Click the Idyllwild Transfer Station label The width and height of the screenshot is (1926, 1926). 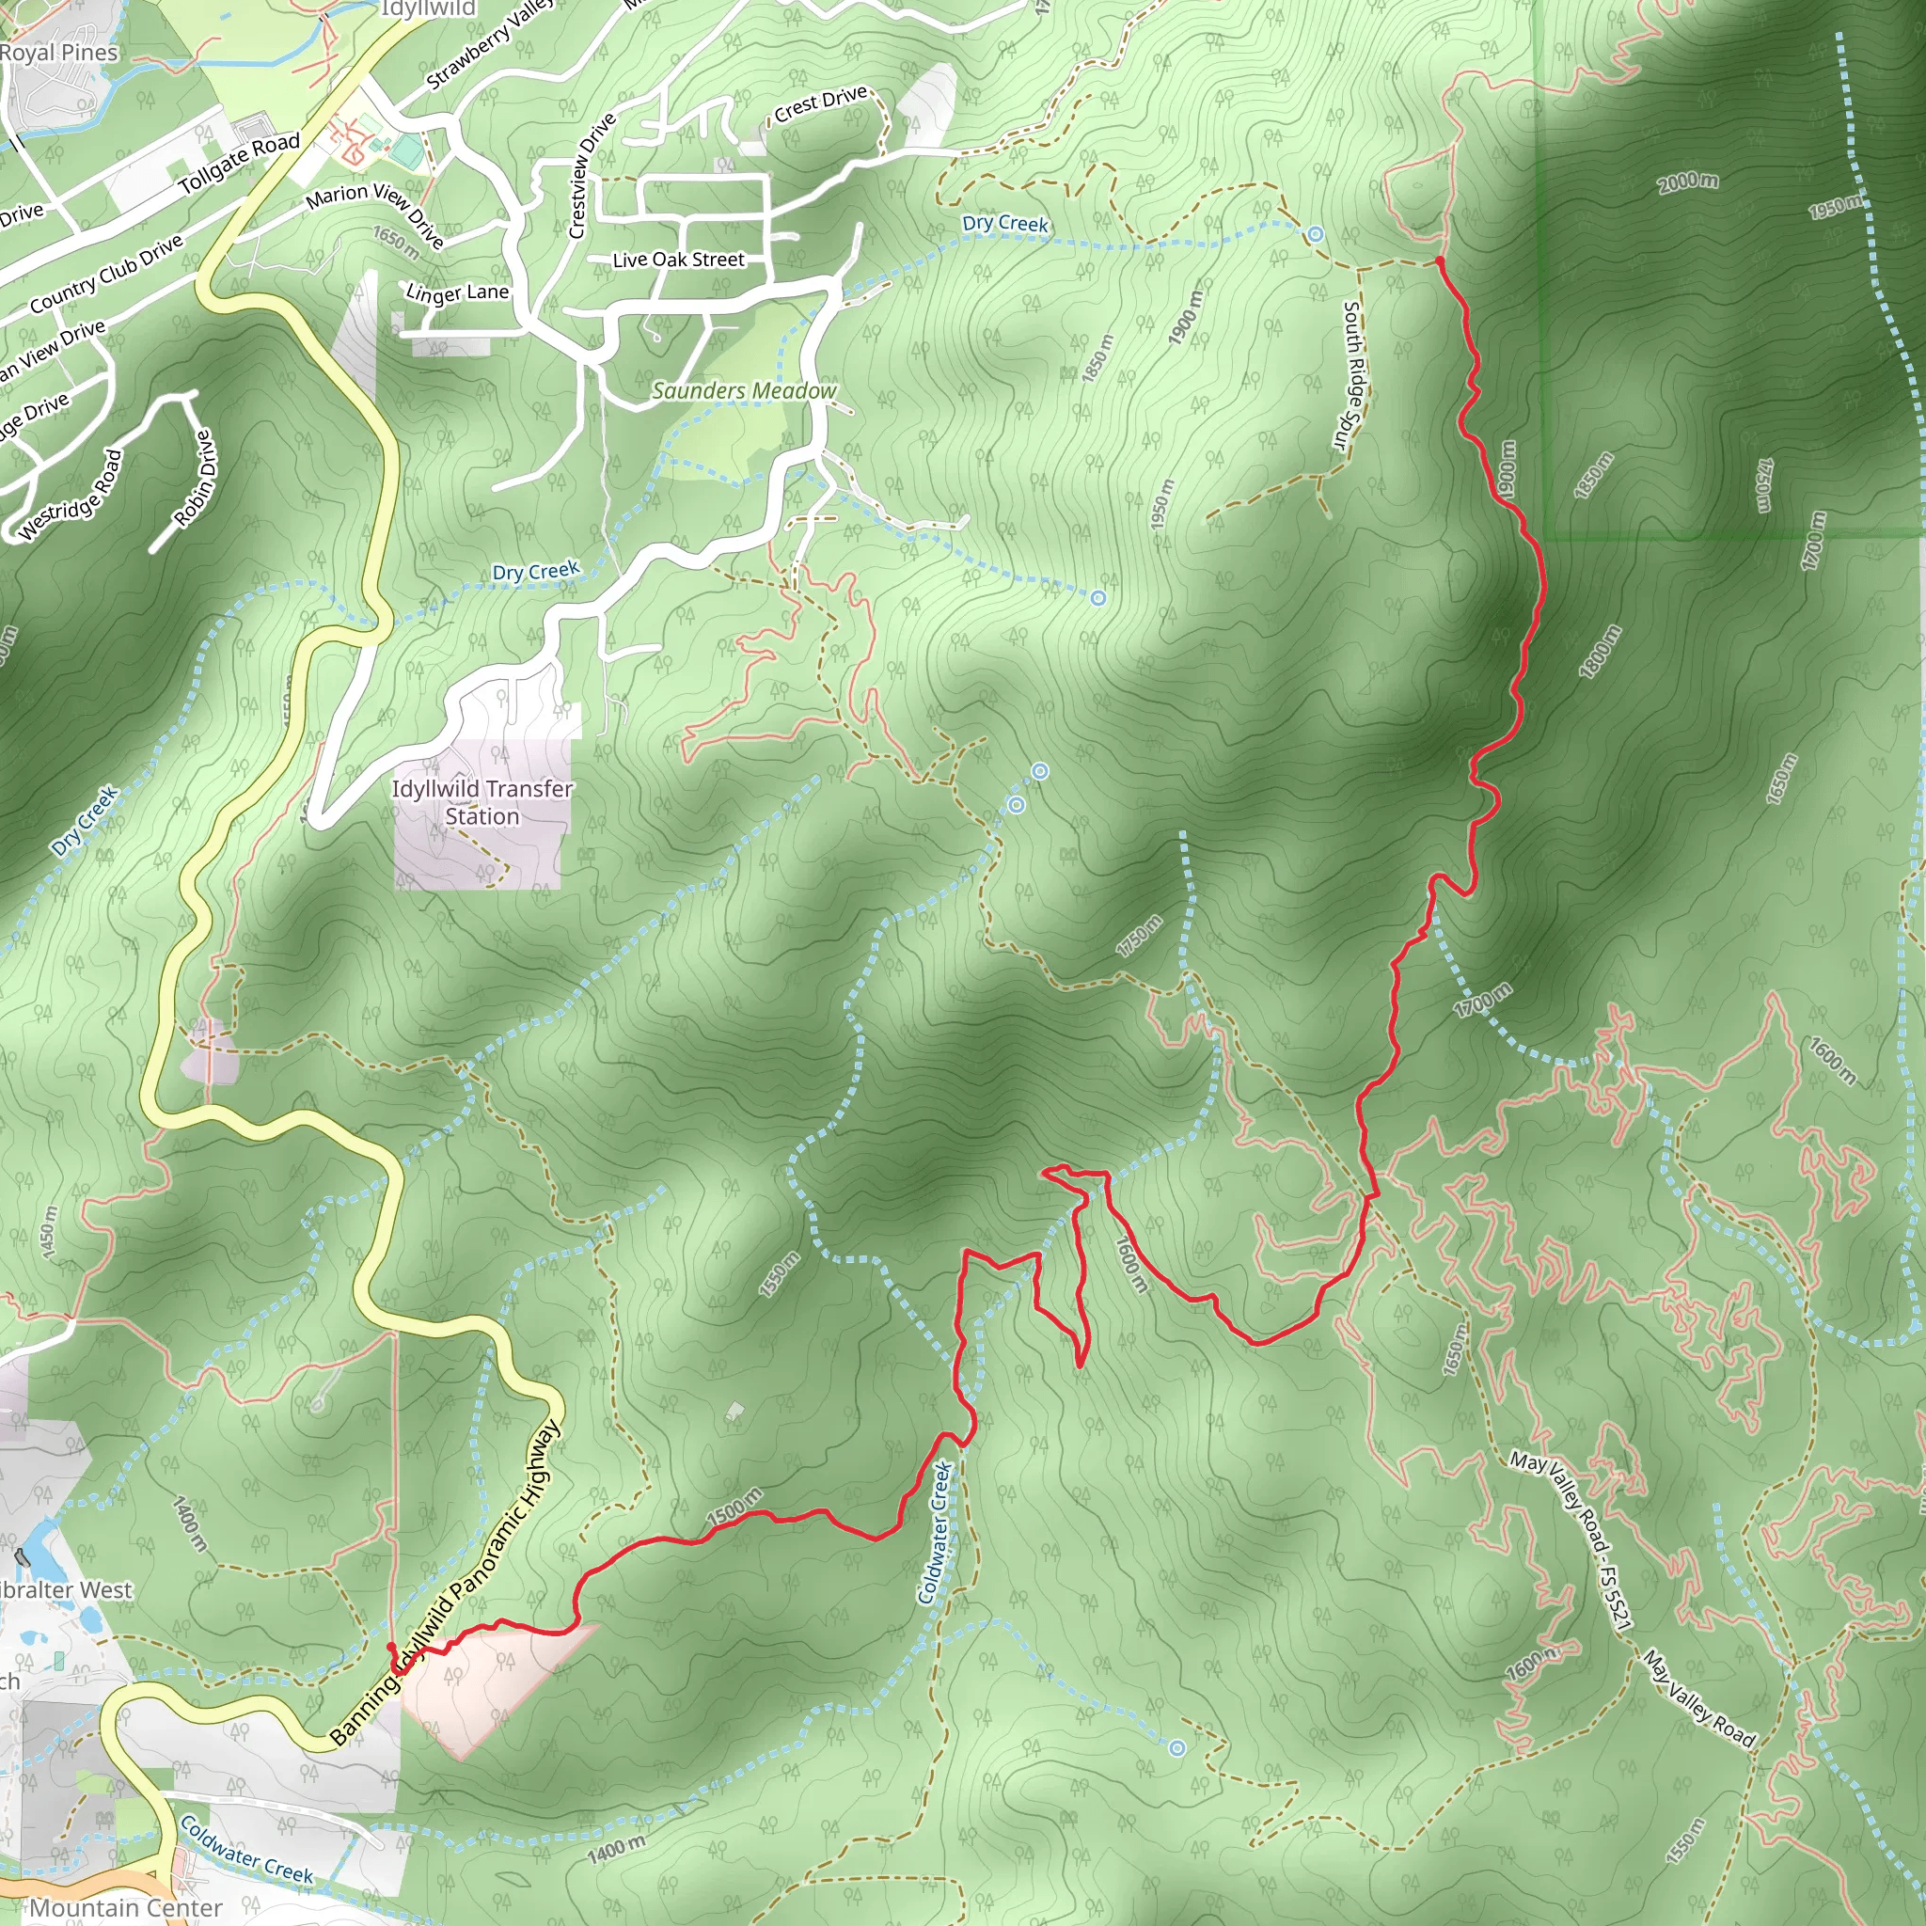pyautogui.click(x=482, y=802)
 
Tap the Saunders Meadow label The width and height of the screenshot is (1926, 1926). pyautogui.click(x=744, y=391)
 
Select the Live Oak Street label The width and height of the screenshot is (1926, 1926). pyautogui.click(x=678, y=260)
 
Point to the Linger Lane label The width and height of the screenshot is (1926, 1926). pyautogui.click(x=458, y=293)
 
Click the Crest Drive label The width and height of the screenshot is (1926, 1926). pyautogui.click(x=820, y=103)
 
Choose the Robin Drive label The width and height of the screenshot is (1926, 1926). pyautogui.click(x=195, y=478)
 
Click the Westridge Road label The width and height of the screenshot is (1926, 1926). pyautogui.click(x=71, y=496)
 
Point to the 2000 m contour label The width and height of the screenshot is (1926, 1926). pyautogui.click(x=1688, y=182)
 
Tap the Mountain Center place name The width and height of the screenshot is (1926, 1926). pyautogui.click(x=126, y=1907)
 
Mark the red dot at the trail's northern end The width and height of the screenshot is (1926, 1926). pyautogui.click(x=1440, y=261)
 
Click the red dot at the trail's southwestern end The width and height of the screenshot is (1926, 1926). pyautogui.click(x=392, y=1648)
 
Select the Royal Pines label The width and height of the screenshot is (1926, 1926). pyautogui.click(x=59, y=53)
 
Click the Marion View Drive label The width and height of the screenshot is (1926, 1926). pyautogui.click(x=375, y=213)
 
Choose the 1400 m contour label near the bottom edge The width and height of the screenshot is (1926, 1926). pyautogui.click(x=616, y=1850)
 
